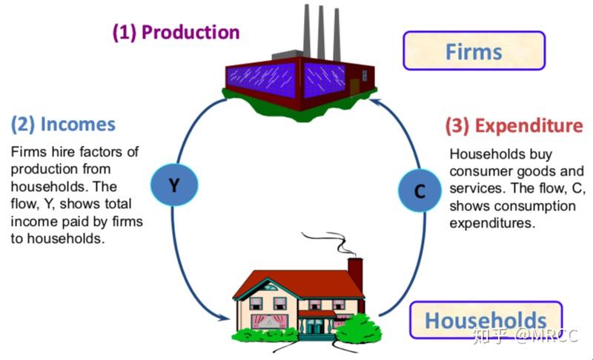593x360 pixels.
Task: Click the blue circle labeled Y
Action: (172, 185)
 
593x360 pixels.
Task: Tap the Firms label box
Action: (473, 52)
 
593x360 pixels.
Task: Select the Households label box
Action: (486, 320)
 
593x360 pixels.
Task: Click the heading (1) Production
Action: (176, 33)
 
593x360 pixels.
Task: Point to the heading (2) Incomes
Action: (63, 124)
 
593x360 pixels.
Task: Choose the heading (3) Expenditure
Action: (514, 126)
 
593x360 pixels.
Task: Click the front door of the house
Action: (317, 324)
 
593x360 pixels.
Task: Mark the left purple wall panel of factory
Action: (264, 78)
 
